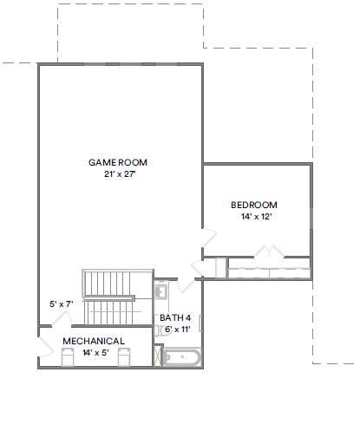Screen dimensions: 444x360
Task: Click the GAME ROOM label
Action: pos(118,162)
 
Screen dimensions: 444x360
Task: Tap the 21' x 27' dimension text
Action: pos(118,174)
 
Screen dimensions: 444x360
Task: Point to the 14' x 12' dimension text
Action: pos(256,217)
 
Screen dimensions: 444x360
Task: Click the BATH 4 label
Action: pos(175,317)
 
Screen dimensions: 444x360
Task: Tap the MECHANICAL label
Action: pos(93,341)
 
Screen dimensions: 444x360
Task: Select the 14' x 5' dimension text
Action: pos(95,353)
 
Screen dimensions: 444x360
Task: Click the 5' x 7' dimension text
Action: pos(61,304)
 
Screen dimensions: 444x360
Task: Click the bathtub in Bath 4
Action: pos(182,357)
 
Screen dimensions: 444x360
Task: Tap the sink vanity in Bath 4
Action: pos(161,291)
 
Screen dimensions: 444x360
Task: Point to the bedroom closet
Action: pos(268,268)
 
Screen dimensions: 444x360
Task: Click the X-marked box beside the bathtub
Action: pos(158,356)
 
